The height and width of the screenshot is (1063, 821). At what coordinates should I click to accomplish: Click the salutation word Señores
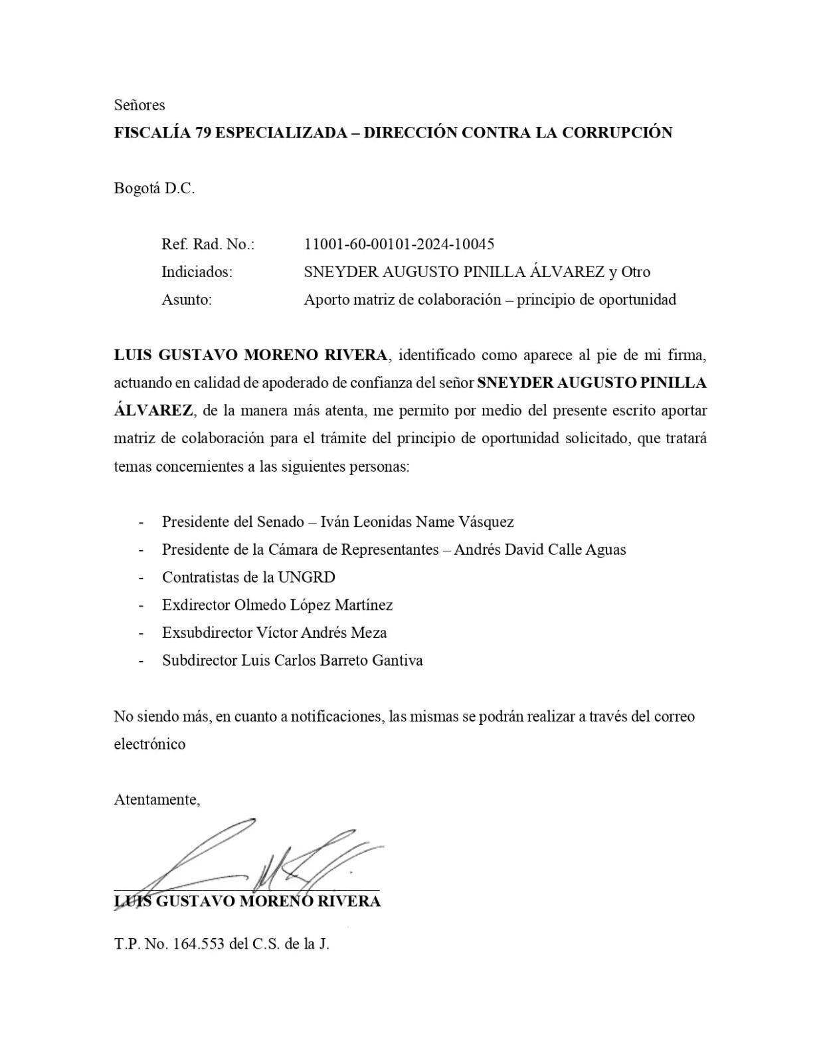point(139,105)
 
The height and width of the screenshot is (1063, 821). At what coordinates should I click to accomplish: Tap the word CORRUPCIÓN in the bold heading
point(617,133)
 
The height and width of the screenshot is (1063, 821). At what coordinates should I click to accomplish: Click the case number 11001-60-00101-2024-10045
point(399,244)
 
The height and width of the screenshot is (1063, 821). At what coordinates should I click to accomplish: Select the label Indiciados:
point(197,272)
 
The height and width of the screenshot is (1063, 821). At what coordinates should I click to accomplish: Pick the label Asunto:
point(187,300)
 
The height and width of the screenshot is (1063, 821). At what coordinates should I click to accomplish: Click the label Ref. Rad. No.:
point(208,244)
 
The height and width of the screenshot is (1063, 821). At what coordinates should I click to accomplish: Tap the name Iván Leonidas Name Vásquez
point(417,522)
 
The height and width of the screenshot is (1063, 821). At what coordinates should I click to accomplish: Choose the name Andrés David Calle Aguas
point(539,550)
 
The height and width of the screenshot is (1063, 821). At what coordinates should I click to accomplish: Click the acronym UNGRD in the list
point(306,577)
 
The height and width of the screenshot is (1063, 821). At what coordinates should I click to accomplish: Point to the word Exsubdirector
point(207,633)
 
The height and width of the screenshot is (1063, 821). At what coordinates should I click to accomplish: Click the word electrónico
point(149,744)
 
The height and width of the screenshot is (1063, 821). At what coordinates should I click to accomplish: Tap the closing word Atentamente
point(157,800)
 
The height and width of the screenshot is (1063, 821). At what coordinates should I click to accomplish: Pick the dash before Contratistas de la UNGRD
point(141,577)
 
